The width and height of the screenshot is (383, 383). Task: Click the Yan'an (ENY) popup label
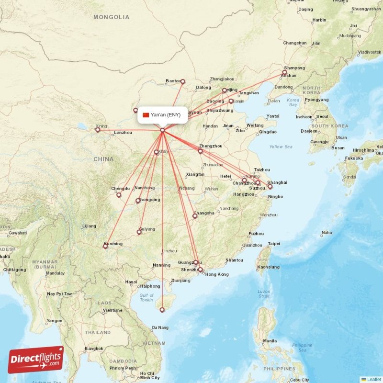(x=162, y=115)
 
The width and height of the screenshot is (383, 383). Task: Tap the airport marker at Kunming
(x=105, y=247)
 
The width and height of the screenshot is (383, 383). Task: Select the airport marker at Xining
(x=98, y=130)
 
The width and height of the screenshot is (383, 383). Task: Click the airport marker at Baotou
(x=182, y=81)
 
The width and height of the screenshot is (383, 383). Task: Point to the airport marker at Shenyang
(x=284, y=72)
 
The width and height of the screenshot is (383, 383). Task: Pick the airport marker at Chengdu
(x=119, y=195)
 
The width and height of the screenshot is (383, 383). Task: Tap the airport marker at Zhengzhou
(x=201, y=151)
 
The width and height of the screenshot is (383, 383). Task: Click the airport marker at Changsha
(x=195, y=216)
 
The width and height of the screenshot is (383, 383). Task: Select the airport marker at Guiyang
(x=139, y=232)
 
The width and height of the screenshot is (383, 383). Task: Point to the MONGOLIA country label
(x=111, y=17)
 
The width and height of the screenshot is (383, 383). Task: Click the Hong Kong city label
(x=217, y=274)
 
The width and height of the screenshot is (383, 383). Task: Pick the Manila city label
(x=270, y=341)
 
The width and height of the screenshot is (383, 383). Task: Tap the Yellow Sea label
(x=281, y=146)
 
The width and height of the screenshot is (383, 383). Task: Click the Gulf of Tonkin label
(x=146, y=298)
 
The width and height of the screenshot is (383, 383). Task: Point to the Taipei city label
(x=274, y=244)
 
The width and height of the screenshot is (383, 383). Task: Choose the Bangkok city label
(x=93, y=349)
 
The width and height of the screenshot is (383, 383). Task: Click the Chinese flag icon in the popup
(x=146, y=115)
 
